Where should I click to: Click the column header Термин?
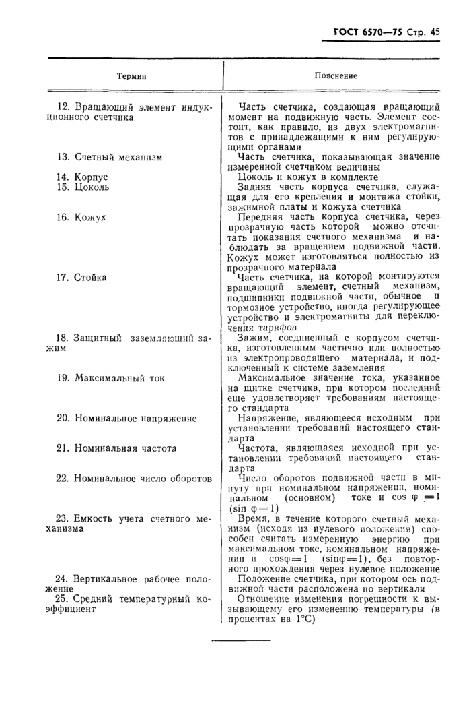[x=132, y=76]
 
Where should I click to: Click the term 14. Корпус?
[x=82, y=177]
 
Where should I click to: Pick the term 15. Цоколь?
[x=83, y=187]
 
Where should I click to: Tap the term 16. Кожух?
[x=81, y=218]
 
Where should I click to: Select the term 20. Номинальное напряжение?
[x=126, y=418]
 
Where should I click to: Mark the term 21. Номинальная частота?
[x=116, y=448]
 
